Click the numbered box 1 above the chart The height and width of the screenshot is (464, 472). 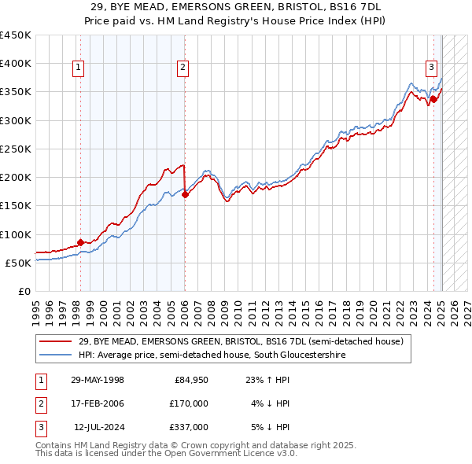pyautogui.click(x=79, y=68)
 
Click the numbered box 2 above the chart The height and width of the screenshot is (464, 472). pyautogui.click(x=183, y=68)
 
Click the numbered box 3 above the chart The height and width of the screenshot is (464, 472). pyautogui.click(x=432, y=68)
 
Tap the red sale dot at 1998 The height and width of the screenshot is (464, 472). pyautogui.click(x=80, y=242)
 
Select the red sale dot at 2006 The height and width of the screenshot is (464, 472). pyautogui.click(x=185, y=195)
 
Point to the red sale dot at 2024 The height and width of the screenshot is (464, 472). pyautogui.click(x=433, y=100)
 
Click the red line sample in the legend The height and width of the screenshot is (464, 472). pyautogui.click(x=55, y=341)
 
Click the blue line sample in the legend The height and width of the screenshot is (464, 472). pyautogui.click(x=55, y=355)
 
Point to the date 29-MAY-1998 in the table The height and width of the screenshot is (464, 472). pyautogui.click(x=98, y=381)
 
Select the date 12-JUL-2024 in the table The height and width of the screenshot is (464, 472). pyautogui.click(x=98, y=426)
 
